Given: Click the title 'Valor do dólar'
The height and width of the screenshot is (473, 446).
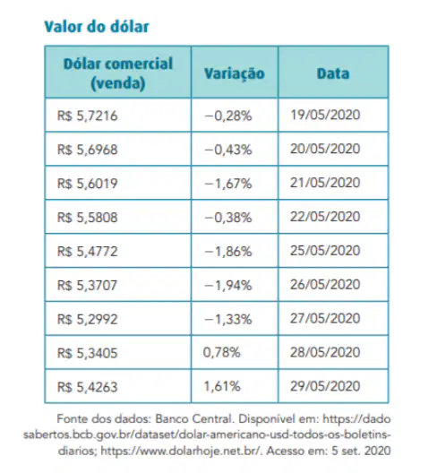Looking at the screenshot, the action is (97, 27).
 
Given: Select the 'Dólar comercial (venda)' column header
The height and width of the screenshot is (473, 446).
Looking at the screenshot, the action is (118, 73).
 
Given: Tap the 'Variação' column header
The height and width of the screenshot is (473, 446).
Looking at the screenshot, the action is (235, 73).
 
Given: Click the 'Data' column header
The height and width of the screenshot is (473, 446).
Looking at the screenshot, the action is (333, 73).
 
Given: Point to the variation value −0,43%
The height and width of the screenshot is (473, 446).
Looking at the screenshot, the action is (228, 150).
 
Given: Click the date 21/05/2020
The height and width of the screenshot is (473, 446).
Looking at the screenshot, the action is (325, 183).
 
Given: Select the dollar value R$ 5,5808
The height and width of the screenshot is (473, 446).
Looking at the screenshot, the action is (87, 218).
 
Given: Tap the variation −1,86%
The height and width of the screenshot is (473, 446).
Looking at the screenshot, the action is (228, 251).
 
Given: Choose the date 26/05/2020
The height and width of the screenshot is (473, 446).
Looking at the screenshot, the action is (325, 285).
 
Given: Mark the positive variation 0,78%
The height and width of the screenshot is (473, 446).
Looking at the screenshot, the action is (221, 352).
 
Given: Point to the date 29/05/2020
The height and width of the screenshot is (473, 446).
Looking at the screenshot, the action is (325, 386).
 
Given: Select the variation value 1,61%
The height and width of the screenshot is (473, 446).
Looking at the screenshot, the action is (222, 386).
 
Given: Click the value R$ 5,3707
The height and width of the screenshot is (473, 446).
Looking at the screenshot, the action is (87, 286).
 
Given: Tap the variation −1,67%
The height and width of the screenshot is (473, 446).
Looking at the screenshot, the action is (228, 184).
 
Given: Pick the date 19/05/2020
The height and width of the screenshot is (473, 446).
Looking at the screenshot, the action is (325, 115).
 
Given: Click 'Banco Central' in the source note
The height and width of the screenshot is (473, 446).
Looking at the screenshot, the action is (194, 419).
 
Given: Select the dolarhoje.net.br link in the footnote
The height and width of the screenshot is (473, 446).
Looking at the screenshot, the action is (180, 451).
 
